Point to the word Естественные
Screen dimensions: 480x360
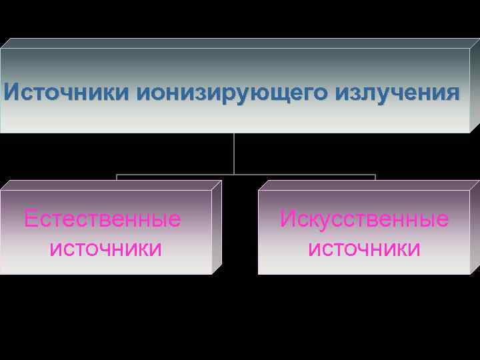pos(102,219)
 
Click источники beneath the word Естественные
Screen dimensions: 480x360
pos(105,249)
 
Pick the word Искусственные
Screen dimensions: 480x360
pos(364,219)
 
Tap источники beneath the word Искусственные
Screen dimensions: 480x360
pos(364,249)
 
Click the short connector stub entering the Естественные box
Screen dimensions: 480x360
pos(117,178)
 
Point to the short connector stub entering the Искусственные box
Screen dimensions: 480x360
pos(375,178)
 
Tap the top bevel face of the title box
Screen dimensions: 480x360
pos(240,43)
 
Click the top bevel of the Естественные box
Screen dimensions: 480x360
pos(110,185)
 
